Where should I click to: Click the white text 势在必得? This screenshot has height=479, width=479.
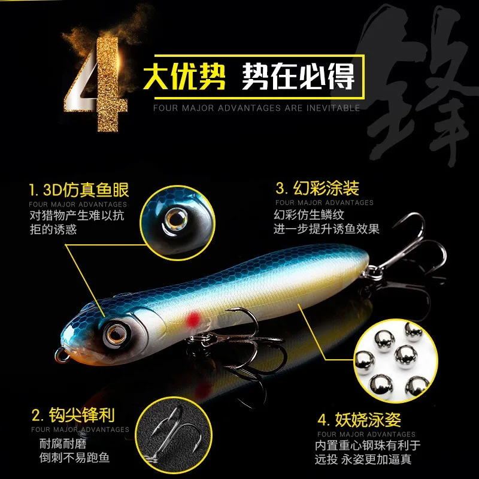298,76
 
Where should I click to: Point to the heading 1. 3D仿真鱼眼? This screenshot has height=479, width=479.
78,190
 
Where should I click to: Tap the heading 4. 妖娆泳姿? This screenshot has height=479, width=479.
359,419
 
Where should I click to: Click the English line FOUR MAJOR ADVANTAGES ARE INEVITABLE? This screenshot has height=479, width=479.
256,108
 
